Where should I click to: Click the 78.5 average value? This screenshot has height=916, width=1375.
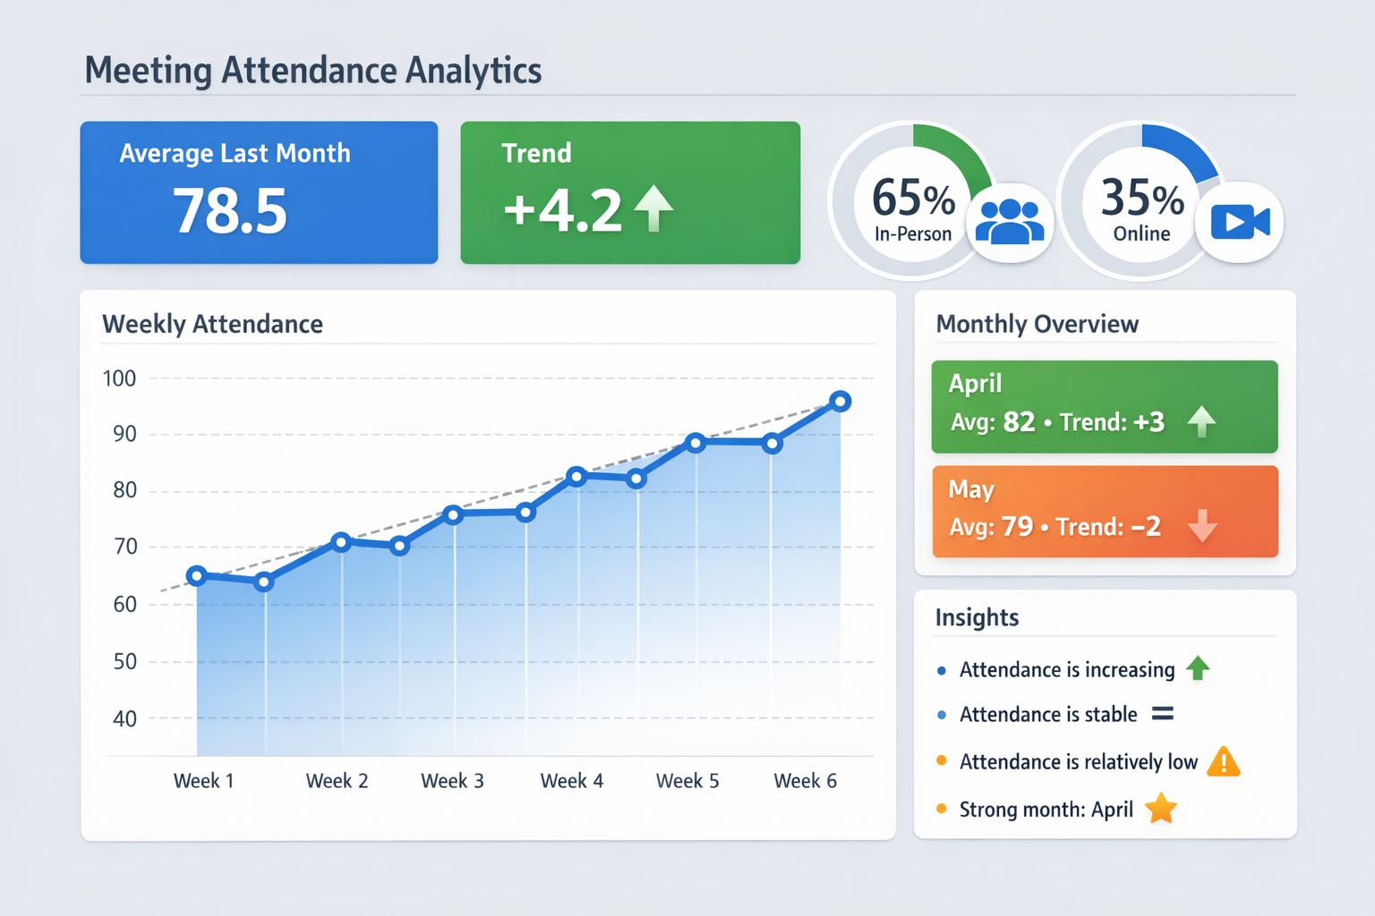pyautogui.click(x=230, y=212)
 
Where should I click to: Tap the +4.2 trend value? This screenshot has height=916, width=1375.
pyautogui.click(x=562, y=211)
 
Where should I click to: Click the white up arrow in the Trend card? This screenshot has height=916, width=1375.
pyautogui.click(x=653, y=208)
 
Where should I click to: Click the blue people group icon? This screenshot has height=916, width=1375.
pyautogui.click(x=1010, y=222)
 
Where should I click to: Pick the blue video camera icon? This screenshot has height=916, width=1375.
pyautogui.click(x=1240, y=222)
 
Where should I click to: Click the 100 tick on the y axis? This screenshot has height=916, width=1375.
pyautogui.click(x=120, y=378)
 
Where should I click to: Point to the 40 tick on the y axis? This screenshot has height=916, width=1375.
pyautogui.click(x=125, y=718)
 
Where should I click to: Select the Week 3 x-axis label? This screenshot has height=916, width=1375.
pyautogui.click(x=452, y=781)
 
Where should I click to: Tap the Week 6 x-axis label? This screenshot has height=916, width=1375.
pyautogui.click(x=805, y=781)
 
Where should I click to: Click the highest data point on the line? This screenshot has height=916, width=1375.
pyautogui.click(x=840, y=402)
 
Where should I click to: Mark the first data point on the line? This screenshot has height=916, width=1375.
pyautogui.click(x=197, y=575)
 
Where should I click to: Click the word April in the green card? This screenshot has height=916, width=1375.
pyautogui.click(x=975, y=384)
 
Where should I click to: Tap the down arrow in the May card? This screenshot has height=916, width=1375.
pyautogui.click(x=1201, y=526)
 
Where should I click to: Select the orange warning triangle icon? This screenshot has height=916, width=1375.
pyautogui.click(x=1224, y=761)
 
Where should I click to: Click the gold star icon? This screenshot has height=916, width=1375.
pyautogui.click(x=1161, y=809)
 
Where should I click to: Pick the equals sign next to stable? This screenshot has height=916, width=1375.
pyautogui.click(x=1162, y=714)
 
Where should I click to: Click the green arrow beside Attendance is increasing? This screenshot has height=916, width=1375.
pyautogui.click(x=1198, y=668)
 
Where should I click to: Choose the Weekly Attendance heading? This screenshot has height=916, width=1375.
pyautogui.click(x=212, y=324)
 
